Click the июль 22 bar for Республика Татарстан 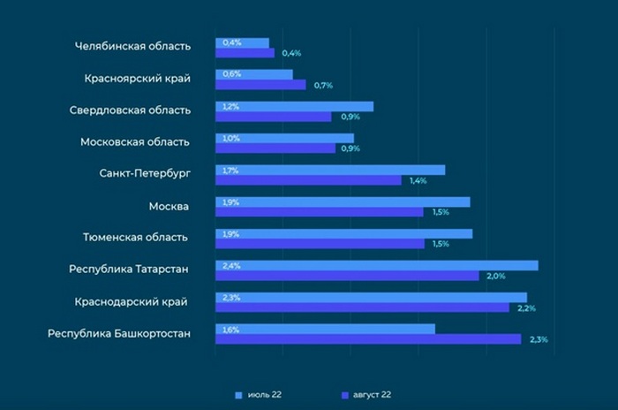(377, 265)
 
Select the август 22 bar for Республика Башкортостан (368, 339)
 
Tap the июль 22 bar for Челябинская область (243, 42)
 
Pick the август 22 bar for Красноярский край (260, 85)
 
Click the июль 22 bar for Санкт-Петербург (330, 170)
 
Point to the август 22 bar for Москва (320, 212)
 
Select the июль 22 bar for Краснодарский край (371, 298)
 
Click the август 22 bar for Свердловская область (274, 117)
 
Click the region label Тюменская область (135, 238)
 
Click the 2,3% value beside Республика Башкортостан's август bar (539, 339)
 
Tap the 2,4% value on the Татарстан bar (231, 265)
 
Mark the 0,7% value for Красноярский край (322, 85)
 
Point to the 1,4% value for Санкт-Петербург (418, 180)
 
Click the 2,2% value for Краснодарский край (526, 307)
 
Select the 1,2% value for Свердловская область (231, 106)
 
